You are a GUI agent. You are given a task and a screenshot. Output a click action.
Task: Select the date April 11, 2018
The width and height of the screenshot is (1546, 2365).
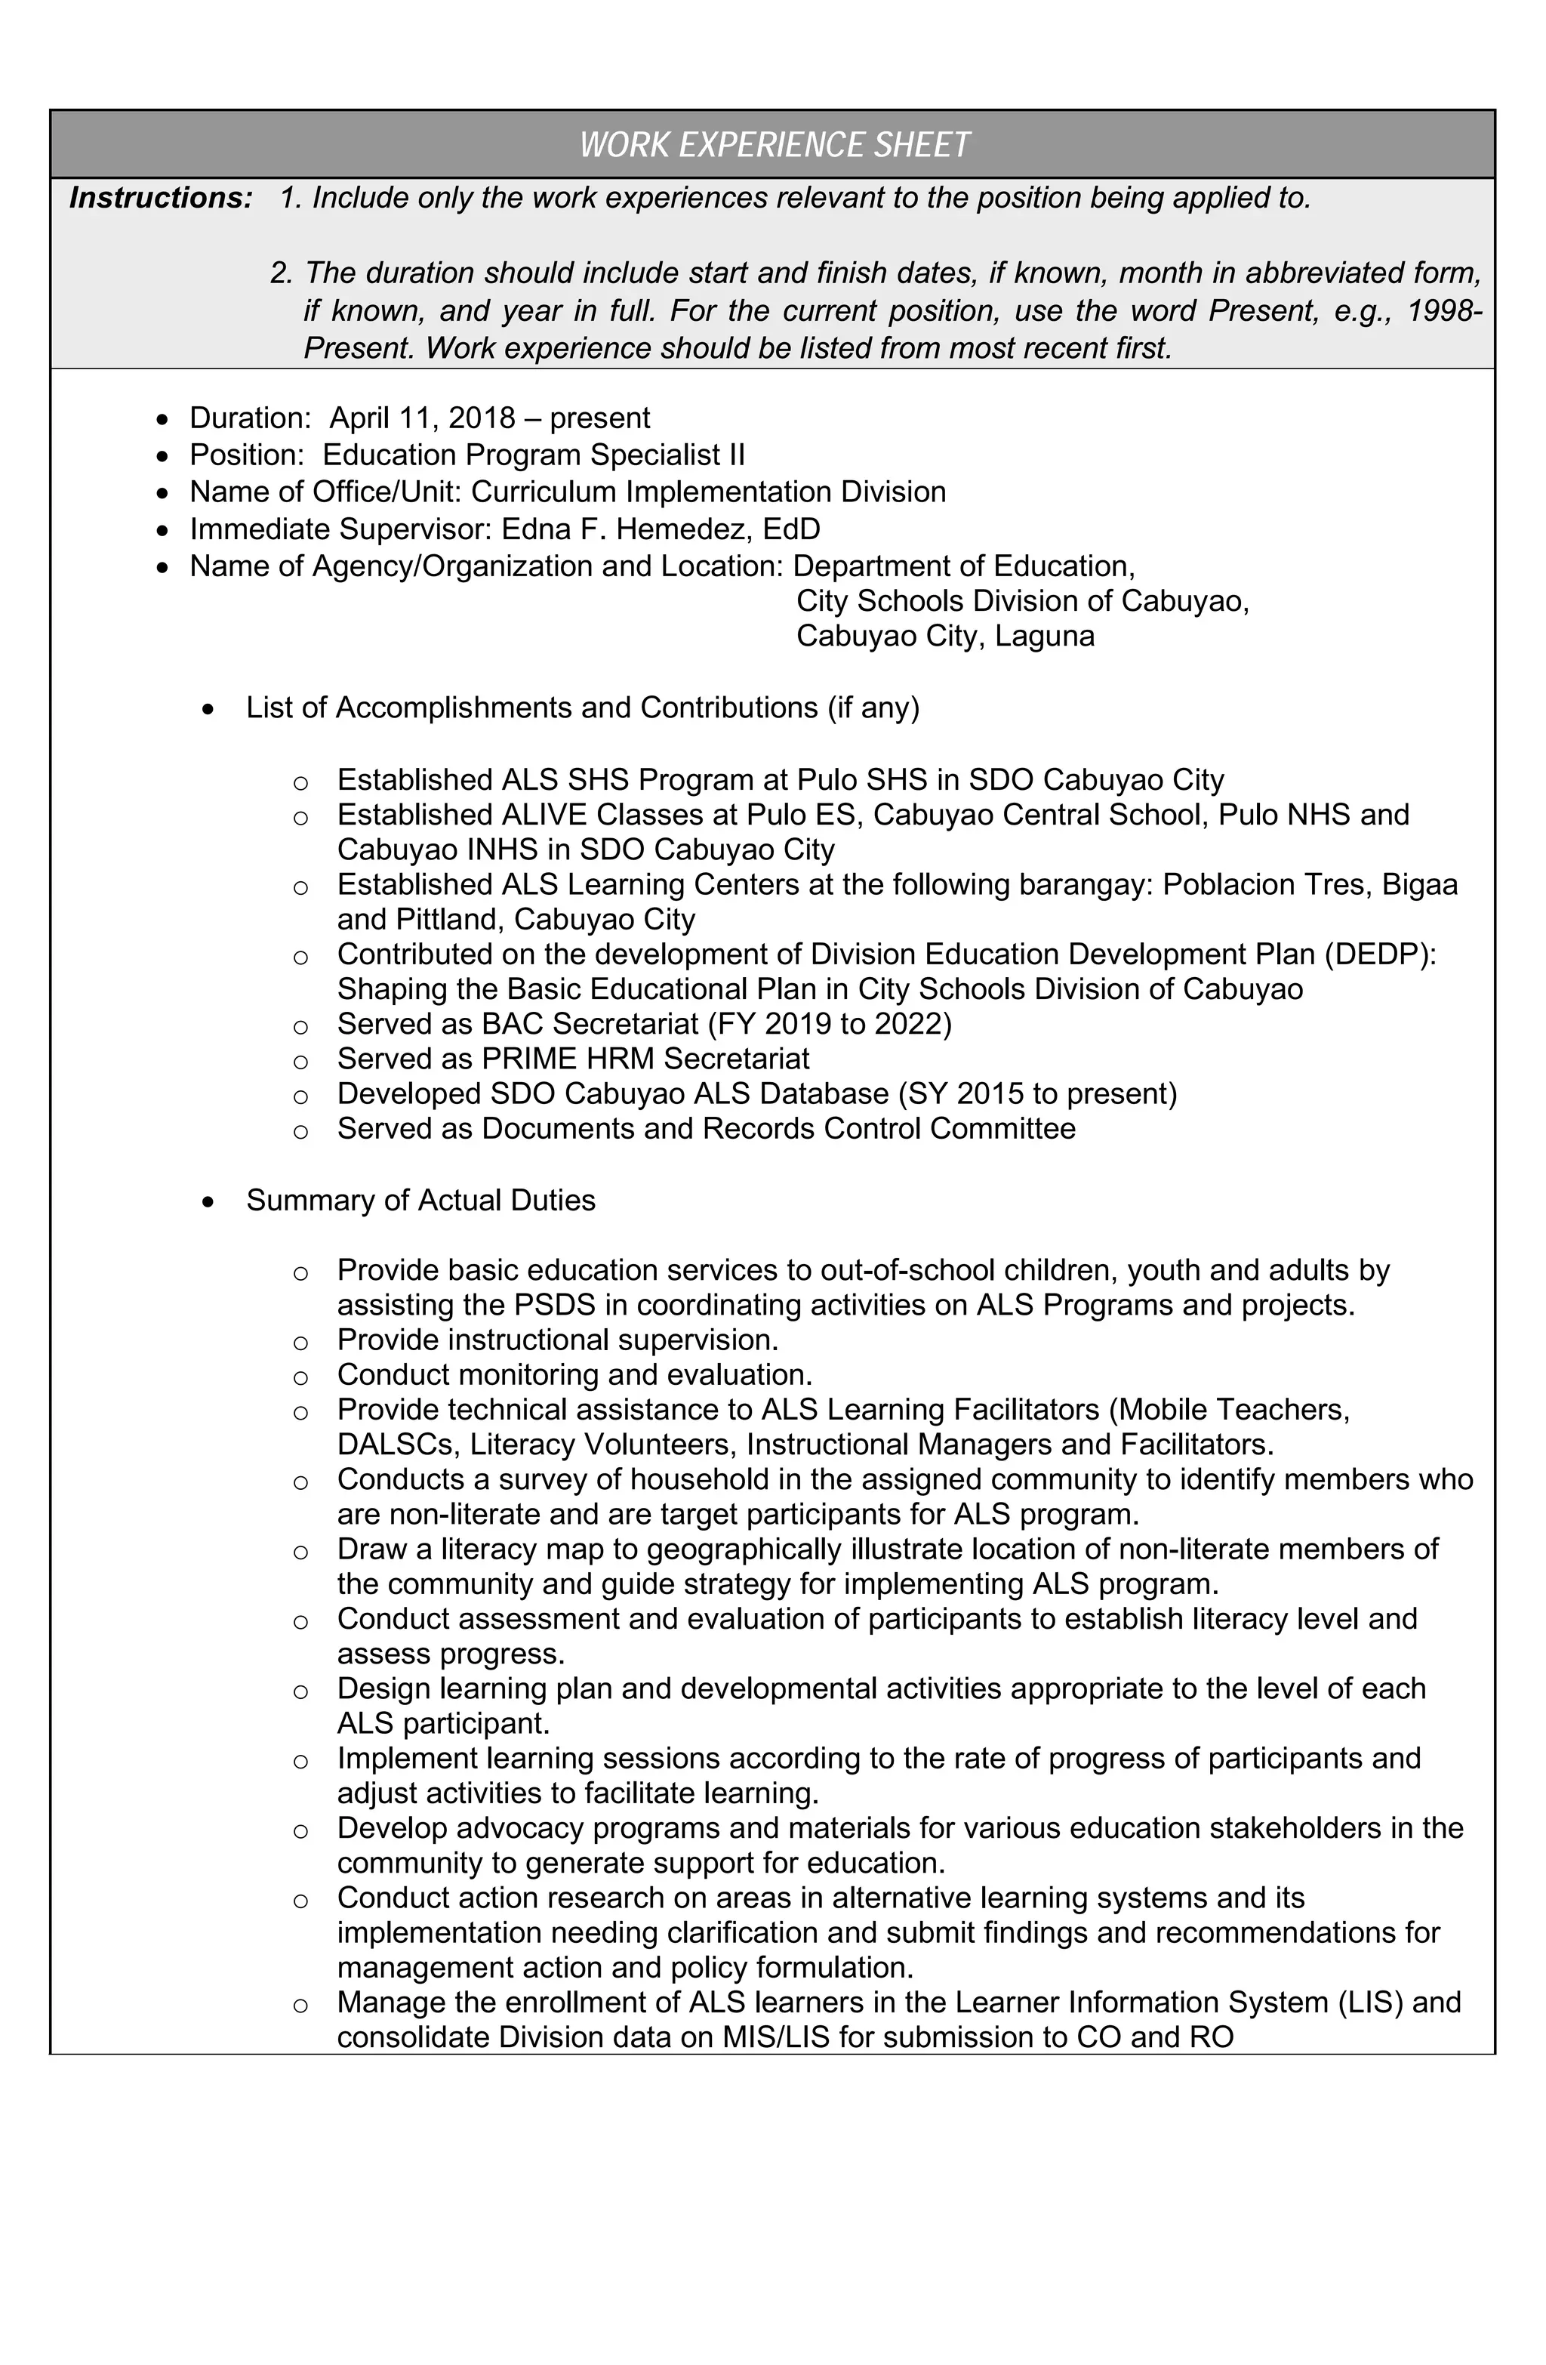point(422,418)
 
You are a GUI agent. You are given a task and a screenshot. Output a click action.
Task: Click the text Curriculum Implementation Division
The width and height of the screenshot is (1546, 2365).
point(707,492)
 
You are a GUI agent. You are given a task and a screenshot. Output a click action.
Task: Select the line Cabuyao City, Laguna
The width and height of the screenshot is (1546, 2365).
point(945,636)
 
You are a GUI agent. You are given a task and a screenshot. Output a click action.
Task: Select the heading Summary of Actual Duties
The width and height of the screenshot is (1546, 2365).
point(420,1201)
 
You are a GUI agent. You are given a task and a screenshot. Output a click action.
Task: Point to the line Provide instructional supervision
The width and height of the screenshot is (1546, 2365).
point(556,1340)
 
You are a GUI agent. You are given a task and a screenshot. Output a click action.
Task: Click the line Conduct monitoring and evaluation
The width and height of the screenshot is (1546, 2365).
point(574,1374)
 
